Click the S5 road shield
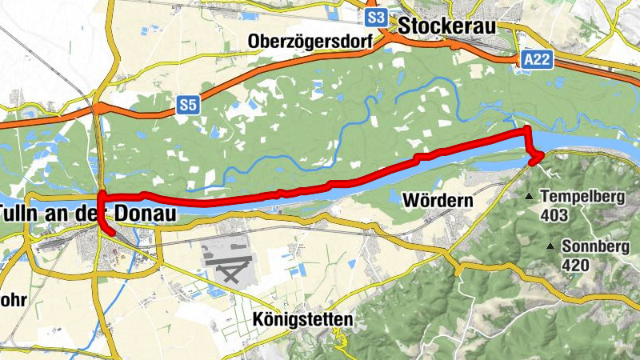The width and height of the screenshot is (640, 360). tap(187, 104)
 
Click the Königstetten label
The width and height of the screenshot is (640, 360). tap(302, 319)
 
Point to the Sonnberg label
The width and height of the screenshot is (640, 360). tap(593, 246)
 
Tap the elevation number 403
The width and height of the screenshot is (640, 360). tap(554, 215)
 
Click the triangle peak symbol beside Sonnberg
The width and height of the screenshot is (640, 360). tap(550, 247)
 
